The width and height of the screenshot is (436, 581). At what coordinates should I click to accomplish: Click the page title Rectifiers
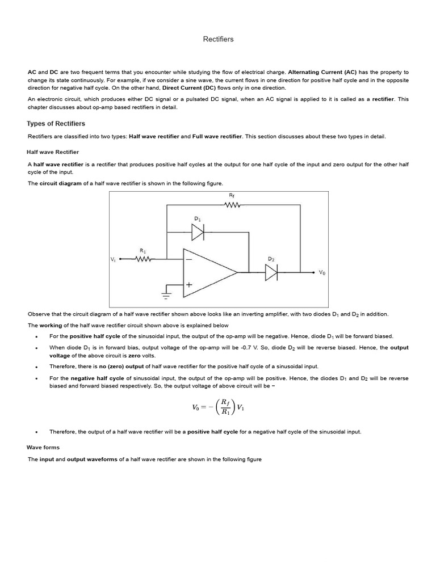pos(218,39)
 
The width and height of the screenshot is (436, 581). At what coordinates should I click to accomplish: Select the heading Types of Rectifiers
pos(56,124)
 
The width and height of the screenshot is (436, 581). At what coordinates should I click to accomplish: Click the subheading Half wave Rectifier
pos(53,152)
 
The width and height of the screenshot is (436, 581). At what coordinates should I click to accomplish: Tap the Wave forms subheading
pos(43,447)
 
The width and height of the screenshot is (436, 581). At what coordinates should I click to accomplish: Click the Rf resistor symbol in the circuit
pos(233,205)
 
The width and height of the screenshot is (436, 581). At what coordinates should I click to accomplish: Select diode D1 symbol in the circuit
pos(198,232)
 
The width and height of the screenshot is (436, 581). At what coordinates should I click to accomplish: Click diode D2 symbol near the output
pos(271,273)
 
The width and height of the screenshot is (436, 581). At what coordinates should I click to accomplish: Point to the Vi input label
pos(113,259)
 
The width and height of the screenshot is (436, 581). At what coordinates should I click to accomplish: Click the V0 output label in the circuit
pos(322,273)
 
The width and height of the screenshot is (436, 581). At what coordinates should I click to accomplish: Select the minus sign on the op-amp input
pos(188,260)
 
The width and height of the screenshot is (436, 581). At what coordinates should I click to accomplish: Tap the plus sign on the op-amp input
pos(188,286)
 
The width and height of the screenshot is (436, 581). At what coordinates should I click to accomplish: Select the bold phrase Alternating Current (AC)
pos(322,73)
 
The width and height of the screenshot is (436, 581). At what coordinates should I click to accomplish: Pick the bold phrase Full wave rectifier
pos(217,136)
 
